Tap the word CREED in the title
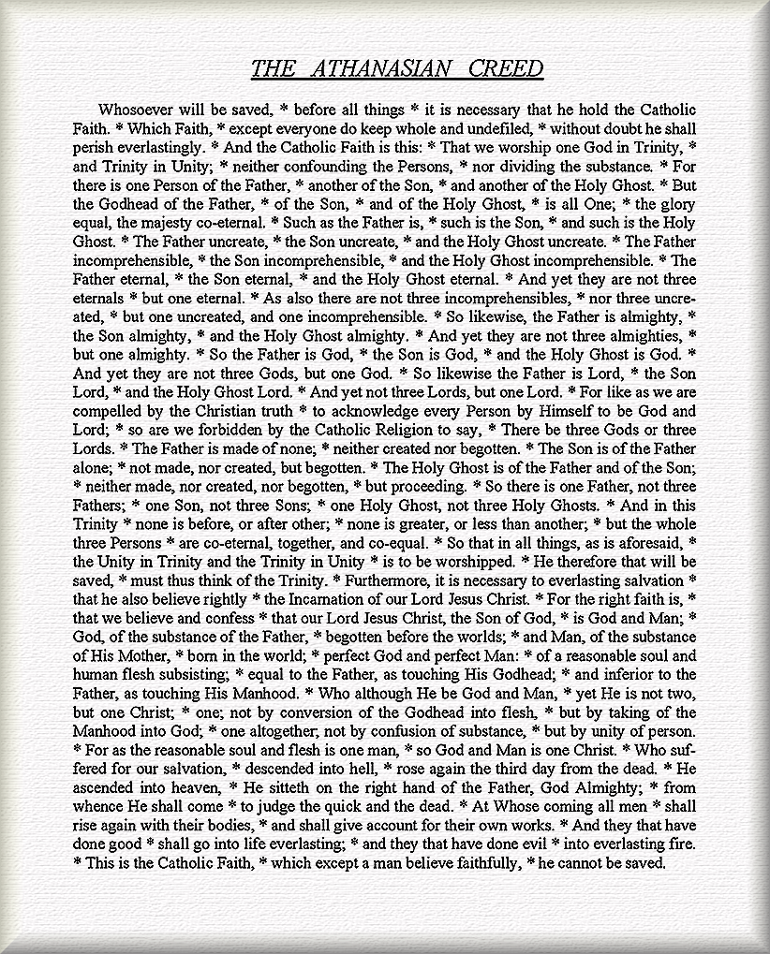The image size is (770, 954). [503, 68]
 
